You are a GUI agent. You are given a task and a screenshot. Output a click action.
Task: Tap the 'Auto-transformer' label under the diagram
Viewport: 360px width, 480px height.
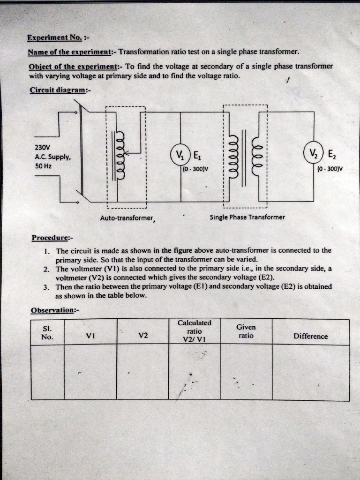coord(127,218)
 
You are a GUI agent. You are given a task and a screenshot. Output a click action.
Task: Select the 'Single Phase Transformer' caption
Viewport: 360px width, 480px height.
coord(247,217)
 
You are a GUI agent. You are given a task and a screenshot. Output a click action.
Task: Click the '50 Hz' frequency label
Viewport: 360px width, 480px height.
coord(43,166)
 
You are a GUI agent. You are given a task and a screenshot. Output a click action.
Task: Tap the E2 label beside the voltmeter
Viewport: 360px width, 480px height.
coord(331,154)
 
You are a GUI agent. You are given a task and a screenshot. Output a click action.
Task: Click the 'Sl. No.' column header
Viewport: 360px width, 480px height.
coord(47,332)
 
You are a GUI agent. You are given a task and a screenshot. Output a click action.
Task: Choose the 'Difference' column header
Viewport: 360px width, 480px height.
coord(310,336)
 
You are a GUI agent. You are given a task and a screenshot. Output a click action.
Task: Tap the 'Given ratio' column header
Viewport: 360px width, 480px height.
coord(246,331)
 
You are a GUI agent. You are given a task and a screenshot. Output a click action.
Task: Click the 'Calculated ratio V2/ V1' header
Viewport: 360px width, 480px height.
coord(194,331)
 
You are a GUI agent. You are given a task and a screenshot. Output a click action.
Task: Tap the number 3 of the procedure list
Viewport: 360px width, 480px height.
coord(46,287)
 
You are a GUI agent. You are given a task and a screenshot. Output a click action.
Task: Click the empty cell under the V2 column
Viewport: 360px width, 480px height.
coord(142,372)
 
